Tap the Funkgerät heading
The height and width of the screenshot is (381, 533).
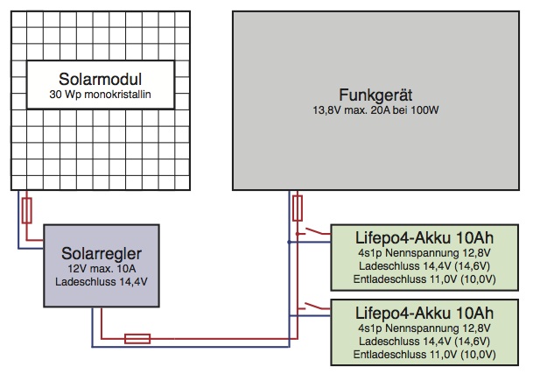377,94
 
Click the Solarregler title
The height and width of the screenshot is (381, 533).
103,254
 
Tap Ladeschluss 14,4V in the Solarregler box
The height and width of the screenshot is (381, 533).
103,282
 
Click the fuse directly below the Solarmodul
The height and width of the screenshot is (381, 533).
27,210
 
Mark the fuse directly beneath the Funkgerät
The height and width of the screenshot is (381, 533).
298,208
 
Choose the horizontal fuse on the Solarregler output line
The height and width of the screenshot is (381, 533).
137,337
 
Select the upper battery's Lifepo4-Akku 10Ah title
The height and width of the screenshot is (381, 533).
425,237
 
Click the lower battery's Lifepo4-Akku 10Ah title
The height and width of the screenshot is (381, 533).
425,312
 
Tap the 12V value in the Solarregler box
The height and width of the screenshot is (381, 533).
80,269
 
